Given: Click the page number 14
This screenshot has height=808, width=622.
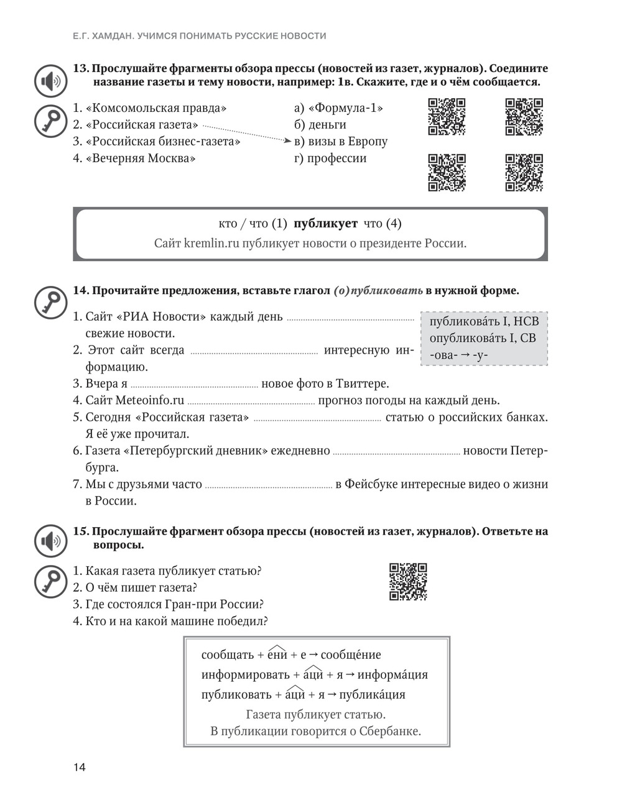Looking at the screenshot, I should (79, 767).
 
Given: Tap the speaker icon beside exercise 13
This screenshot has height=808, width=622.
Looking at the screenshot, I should (50, 81).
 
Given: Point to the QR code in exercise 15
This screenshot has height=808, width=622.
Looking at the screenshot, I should (408, 582).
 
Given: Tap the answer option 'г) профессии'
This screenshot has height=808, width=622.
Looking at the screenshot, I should (330, 158).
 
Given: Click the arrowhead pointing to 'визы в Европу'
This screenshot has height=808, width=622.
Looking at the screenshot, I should (287, 141).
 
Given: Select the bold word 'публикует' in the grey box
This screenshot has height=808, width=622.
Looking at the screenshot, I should (325, 224).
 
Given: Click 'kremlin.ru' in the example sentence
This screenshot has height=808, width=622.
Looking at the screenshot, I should (211, 243).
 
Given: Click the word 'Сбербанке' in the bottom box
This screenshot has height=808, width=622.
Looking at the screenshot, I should (389, 731).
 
